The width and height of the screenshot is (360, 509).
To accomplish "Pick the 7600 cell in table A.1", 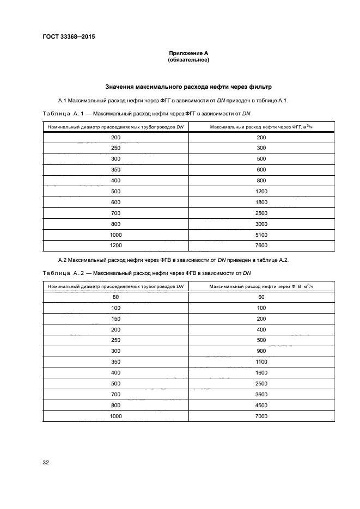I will [x=261, y=245].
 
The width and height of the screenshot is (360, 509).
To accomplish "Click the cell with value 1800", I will [x=261, y=202].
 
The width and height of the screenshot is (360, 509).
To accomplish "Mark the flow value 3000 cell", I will [x=261, y=223].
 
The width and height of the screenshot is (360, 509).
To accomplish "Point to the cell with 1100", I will [x=261, y=361].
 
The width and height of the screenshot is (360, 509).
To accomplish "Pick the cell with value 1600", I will [x=261, y=372].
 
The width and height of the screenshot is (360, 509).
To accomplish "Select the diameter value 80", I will [x=115, y=297].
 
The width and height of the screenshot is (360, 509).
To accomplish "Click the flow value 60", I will [x=261, y=297].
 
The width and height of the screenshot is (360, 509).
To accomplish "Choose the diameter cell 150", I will [x=115, y=318].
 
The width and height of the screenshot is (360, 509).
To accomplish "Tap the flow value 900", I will [x=261, y=351].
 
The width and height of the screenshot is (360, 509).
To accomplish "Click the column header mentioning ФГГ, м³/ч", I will [x=261, y=127].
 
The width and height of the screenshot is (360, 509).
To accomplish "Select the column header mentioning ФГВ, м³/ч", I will [x=261, y=286].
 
